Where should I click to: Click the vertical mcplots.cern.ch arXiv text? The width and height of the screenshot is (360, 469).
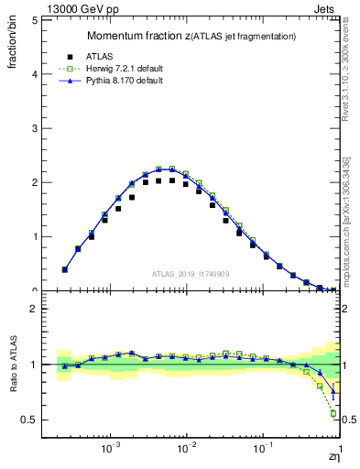click(x=346, y=220)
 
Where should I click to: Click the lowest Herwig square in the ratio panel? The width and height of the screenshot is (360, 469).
click(x=333, y=413)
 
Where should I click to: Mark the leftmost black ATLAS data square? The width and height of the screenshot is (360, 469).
click(x=64, y=269)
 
